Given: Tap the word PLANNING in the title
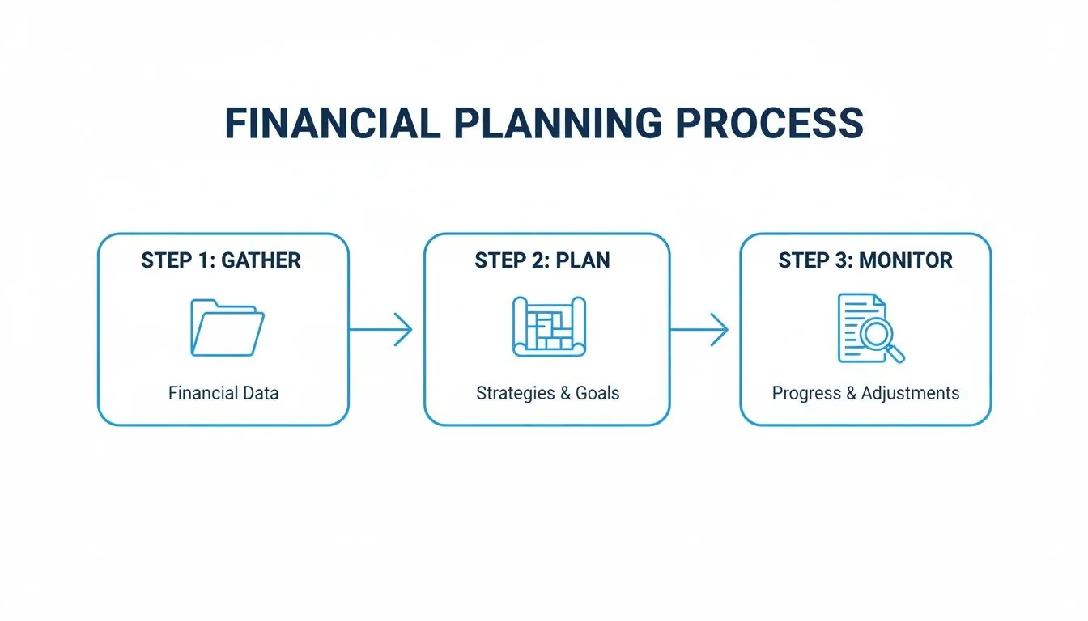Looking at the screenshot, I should tap(550, 124).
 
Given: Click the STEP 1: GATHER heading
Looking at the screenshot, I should tap(221, 260).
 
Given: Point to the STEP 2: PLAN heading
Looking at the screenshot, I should tap(542, 260).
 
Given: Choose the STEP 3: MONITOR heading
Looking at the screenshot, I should tap(865, 260).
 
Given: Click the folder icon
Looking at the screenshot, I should tap(227, 327).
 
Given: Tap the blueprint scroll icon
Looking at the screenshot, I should tap(548, 327).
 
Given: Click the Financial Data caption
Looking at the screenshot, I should tap(223, 394).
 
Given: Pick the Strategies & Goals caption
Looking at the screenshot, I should tap(548, 394).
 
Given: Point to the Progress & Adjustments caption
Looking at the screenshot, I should tap(865, 394).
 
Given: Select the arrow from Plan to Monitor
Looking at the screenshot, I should tap(699, 330).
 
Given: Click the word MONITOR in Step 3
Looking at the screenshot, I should tap(906, 260).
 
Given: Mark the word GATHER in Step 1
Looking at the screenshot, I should tap(261, 260).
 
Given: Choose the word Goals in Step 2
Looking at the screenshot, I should tap(597, 394).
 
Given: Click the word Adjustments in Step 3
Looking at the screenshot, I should tap(910, 394).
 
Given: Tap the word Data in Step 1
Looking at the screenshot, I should tap(261, 394).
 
